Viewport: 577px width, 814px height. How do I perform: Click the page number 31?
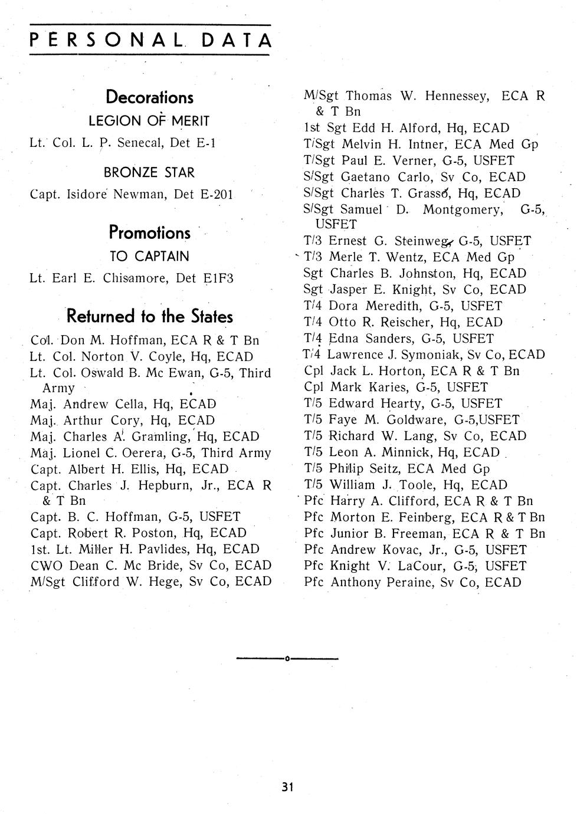288,787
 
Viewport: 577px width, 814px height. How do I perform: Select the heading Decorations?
149,97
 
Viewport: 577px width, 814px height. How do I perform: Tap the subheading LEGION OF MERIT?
149,121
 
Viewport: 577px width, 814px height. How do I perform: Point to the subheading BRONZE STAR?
149,173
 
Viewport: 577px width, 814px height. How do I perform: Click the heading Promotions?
149,233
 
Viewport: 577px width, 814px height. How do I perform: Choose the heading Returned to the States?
149,317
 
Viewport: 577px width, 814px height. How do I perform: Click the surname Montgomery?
463,209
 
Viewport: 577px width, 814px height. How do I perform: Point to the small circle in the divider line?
287,658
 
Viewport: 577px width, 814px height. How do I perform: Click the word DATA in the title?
238,40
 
